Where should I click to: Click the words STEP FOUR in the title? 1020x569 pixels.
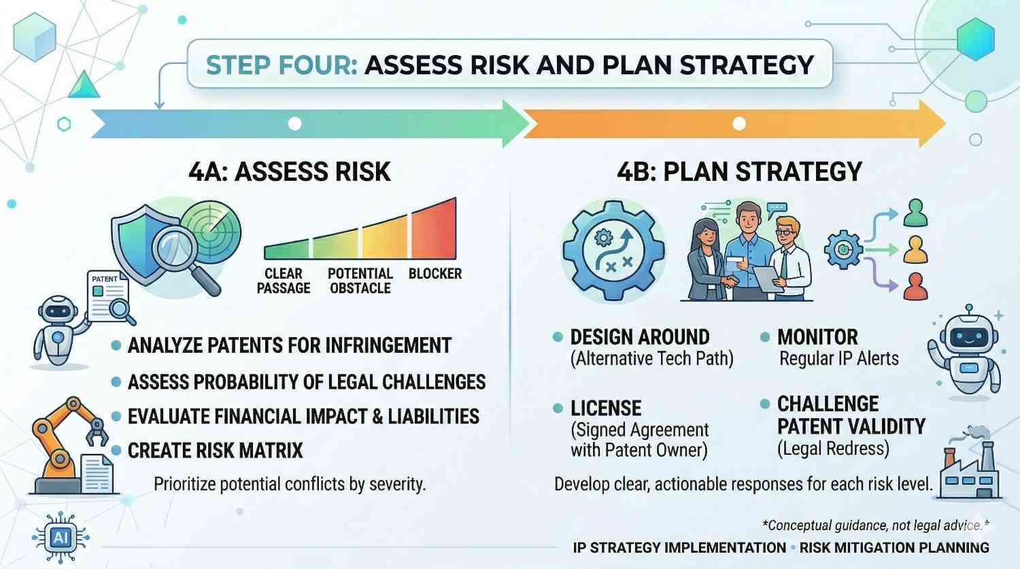click(x=282, y=65)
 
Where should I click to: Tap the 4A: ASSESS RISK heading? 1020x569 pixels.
click(x=290, y=171)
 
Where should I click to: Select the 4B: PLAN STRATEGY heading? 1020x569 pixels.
click(x=740, y=171)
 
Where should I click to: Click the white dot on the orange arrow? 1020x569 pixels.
click(x=739, y=123)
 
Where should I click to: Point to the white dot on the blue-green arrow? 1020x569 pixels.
click(x=294, y=123)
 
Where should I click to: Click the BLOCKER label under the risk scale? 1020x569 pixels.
click(x=435, y=273)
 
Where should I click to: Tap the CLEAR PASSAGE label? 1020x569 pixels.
click(x=284, y=281)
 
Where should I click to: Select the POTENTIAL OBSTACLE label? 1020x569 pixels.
click(x=360, y=281)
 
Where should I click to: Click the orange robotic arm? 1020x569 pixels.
click(x=67, y=444)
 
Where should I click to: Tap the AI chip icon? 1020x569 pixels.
click(x=61, y=538)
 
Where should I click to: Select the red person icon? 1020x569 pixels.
click(x=915, y=287)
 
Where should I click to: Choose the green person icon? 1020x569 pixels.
click(x=915, y=213)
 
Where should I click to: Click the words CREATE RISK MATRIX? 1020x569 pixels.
click(x=216, y=451)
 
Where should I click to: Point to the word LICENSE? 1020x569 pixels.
click(x=606, y=409)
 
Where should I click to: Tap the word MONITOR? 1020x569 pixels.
click(x=817, y=337)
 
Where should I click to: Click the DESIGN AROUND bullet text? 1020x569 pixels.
click(x=641, y=337)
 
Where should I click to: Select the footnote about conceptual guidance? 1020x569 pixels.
click(x=876, y=525)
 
